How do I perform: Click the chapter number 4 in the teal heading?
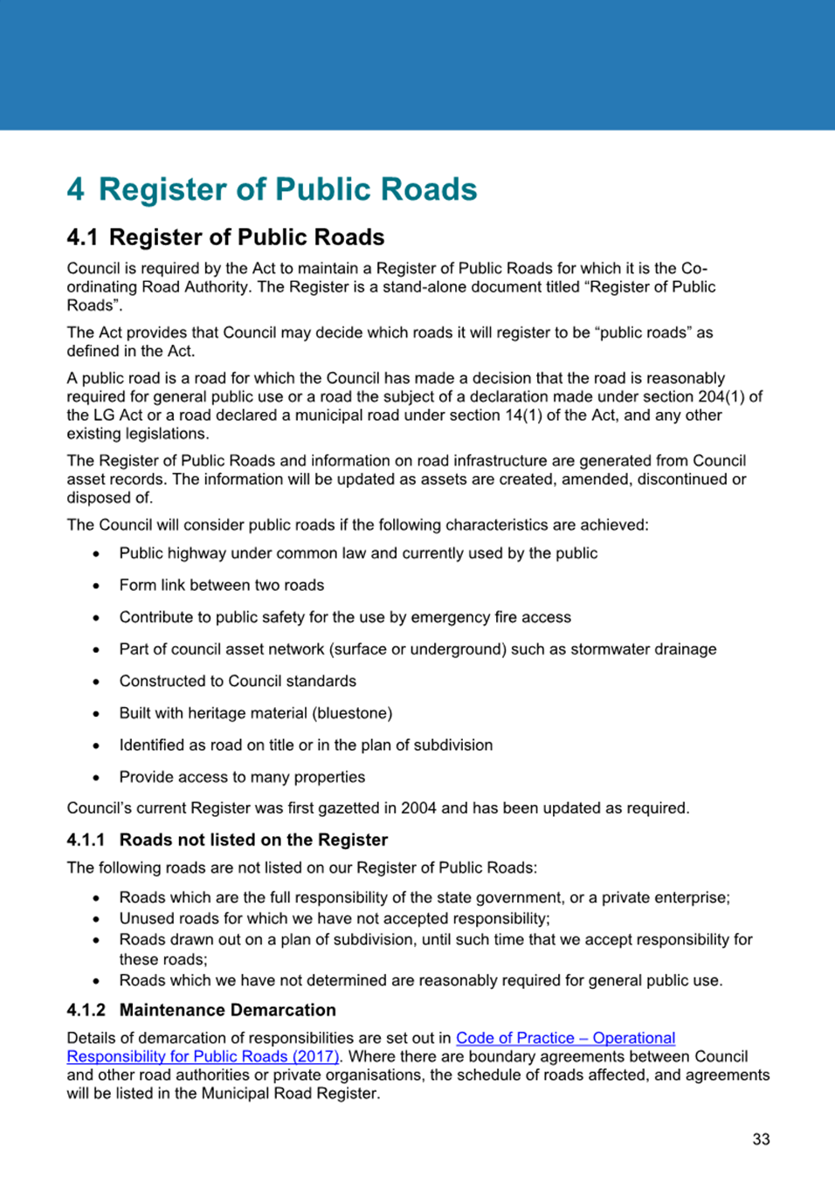(76, 189)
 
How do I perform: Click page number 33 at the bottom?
(761, 1139)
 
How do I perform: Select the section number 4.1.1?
(86, 840)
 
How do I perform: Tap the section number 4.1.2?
(86, 1010)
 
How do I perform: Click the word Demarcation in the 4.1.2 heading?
(284, 1010)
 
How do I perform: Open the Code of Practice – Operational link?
(565, 1038)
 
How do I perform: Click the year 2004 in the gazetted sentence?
(418, 807)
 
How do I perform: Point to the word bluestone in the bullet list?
(355, 713)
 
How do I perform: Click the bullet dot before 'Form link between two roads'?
(96, 586)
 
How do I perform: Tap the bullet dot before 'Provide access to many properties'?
(96, 778)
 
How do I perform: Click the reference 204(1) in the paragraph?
(722, 396)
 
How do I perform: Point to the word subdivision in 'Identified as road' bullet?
(452, 745)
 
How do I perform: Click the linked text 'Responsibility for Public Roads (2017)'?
(203, 1056)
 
